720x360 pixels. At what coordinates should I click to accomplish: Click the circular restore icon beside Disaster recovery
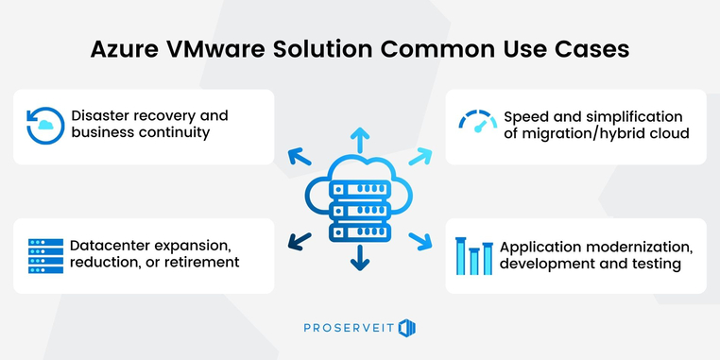(x=44, y=126)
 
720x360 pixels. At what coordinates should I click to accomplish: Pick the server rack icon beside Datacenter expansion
(x=44, y=255)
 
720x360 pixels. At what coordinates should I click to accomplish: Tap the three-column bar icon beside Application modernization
(x=474, y=256)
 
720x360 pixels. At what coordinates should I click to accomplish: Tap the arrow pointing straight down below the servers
(x=360, y=260)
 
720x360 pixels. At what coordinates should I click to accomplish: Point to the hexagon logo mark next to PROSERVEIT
(x=407, y=328)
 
